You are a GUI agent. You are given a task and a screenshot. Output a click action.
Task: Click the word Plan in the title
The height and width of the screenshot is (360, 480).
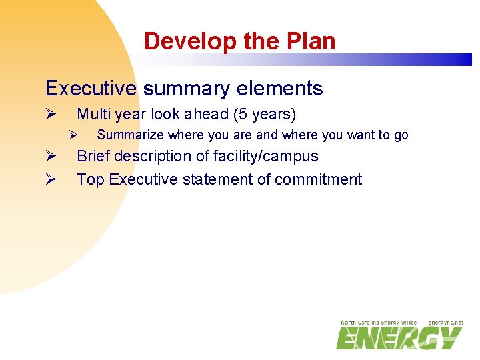tap(310, 41)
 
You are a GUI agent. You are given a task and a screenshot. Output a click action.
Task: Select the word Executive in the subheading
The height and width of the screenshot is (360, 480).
tap(91, 89)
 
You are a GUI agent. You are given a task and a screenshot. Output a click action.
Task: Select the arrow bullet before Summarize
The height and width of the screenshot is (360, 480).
tap(75, 135)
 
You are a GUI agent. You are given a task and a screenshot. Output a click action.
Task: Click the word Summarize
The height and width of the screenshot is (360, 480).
tap(130, 135)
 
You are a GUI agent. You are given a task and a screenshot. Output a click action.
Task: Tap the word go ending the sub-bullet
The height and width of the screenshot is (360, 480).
tap(401, 135)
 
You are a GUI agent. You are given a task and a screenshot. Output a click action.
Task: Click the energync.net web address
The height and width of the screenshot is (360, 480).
tap(445, 323)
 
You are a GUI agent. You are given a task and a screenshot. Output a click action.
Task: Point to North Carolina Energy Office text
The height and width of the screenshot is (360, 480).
tap(378, 323)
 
